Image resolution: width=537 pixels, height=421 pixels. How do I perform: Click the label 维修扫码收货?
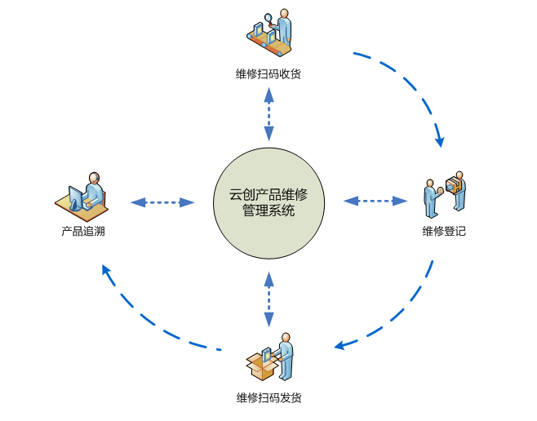(x=268, y=74)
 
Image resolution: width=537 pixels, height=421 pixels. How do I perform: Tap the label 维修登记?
(x=444, y=232)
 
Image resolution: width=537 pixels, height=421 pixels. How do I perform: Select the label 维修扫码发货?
(x=268, y=398)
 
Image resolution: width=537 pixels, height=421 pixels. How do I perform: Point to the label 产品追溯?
(x=83, y=232)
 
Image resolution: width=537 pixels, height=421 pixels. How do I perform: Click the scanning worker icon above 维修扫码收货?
(x=270, y=33)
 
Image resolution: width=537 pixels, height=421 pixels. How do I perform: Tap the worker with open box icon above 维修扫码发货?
(x=271, y=358)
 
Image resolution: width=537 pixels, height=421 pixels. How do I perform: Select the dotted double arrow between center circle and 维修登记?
(x=375, y=200)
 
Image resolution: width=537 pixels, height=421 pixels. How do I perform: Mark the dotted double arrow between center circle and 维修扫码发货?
(x=268, y=299)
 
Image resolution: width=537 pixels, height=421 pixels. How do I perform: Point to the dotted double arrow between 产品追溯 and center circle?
(x=162, y=202)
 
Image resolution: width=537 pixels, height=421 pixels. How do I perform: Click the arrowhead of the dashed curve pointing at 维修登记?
(x=440, y=140)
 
